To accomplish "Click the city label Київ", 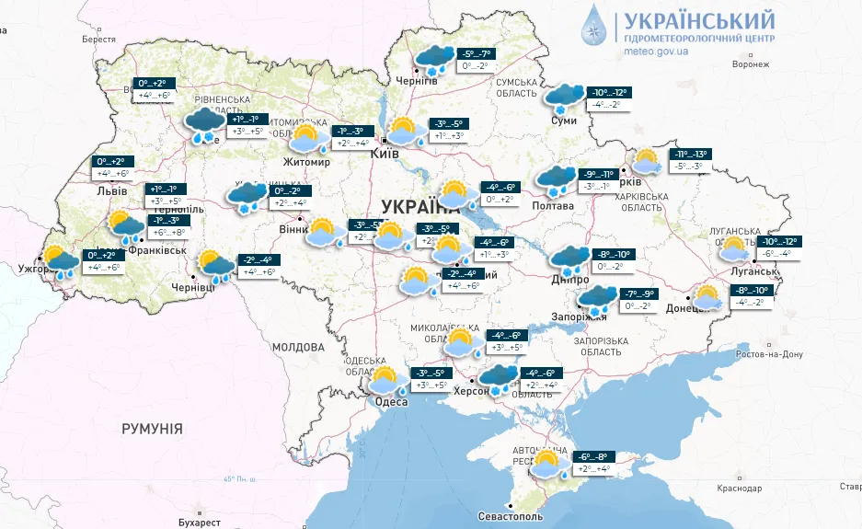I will click(384, 155).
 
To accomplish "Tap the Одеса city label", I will click(388, 400).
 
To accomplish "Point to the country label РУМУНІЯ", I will click(152, 429).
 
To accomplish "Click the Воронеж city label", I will click(750, 64).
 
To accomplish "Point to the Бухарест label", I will click(200, 522).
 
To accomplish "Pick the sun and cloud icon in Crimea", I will click(549, 464).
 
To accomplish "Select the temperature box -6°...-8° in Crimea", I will click(592, 456).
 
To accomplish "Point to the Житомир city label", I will click(306, 162).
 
